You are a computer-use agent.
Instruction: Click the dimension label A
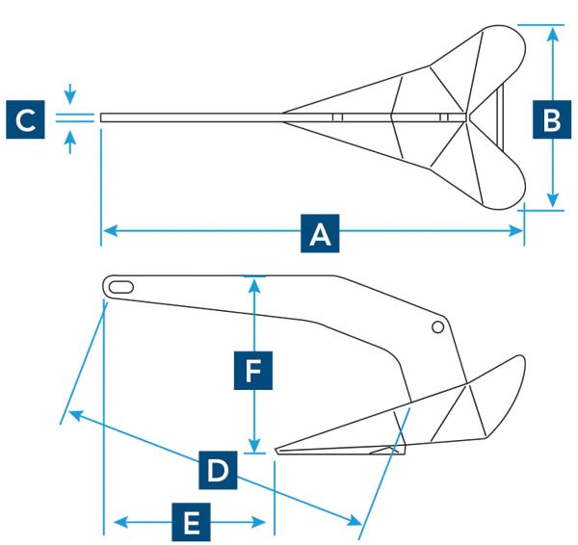coord(320,233)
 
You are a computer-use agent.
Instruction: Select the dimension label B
coord(552,119)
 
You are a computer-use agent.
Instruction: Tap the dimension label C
coord(25,119)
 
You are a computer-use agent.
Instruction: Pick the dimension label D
coord(218,470)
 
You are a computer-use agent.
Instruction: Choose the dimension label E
coord(191,522)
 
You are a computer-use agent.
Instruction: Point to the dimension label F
coord(253,371)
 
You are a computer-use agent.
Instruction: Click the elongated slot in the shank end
coord(121,287)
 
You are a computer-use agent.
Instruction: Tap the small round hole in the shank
coord(437,326)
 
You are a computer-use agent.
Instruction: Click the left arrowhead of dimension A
coord(111,231)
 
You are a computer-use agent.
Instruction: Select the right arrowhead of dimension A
coord(515,231)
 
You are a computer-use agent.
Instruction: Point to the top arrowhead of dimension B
coord(552,35)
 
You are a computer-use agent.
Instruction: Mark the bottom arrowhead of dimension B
coord(552,200)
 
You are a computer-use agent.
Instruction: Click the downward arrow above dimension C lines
coord(70,94)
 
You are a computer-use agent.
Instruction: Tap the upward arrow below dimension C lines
coord(70,142)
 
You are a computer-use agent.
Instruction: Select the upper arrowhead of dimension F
coord(254,286)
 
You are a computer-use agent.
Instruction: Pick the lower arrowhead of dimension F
coord(254,445)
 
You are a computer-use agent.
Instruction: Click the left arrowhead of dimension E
coord(121,522)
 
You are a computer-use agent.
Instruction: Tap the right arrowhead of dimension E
coord(258,522)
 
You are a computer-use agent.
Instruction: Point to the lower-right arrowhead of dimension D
coord(355,520)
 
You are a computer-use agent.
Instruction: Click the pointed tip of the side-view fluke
coord(276,451)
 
